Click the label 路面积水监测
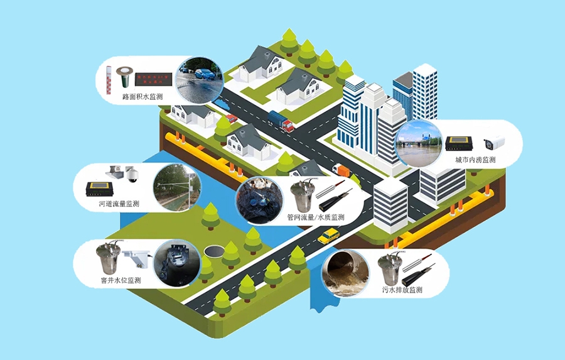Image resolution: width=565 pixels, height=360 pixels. click(x=143, y=97)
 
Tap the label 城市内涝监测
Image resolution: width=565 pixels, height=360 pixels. click(x=475, y=160)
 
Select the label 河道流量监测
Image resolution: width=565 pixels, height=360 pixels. click(x=119, y=204)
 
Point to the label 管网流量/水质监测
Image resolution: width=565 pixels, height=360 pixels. click(x=316, y=217)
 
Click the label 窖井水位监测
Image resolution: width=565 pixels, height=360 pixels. click(x=121, y=280)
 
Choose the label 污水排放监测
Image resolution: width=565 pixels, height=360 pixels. click(x=402, y=290)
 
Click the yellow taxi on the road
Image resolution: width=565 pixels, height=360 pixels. click(x=328, y=236)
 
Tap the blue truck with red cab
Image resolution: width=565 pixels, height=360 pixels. click(x=281, y=121)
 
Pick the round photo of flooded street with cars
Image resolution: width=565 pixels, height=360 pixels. click(x=199, y=80)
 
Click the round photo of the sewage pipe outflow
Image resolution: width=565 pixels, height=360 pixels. click(x=345, y=273)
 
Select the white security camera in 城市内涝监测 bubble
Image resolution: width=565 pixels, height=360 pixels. click(x=494, y=143)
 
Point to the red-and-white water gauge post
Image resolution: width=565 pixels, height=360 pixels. click(x=109, y=80)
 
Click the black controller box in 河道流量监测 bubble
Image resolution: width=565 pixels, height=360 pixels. click(x=99, y=189)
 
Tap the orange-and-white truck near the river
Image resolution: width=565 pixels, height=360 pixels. click(x=341, y=171)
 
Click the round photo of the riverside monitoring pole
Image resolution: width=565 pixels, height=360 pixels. click(x=176, y=188)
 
